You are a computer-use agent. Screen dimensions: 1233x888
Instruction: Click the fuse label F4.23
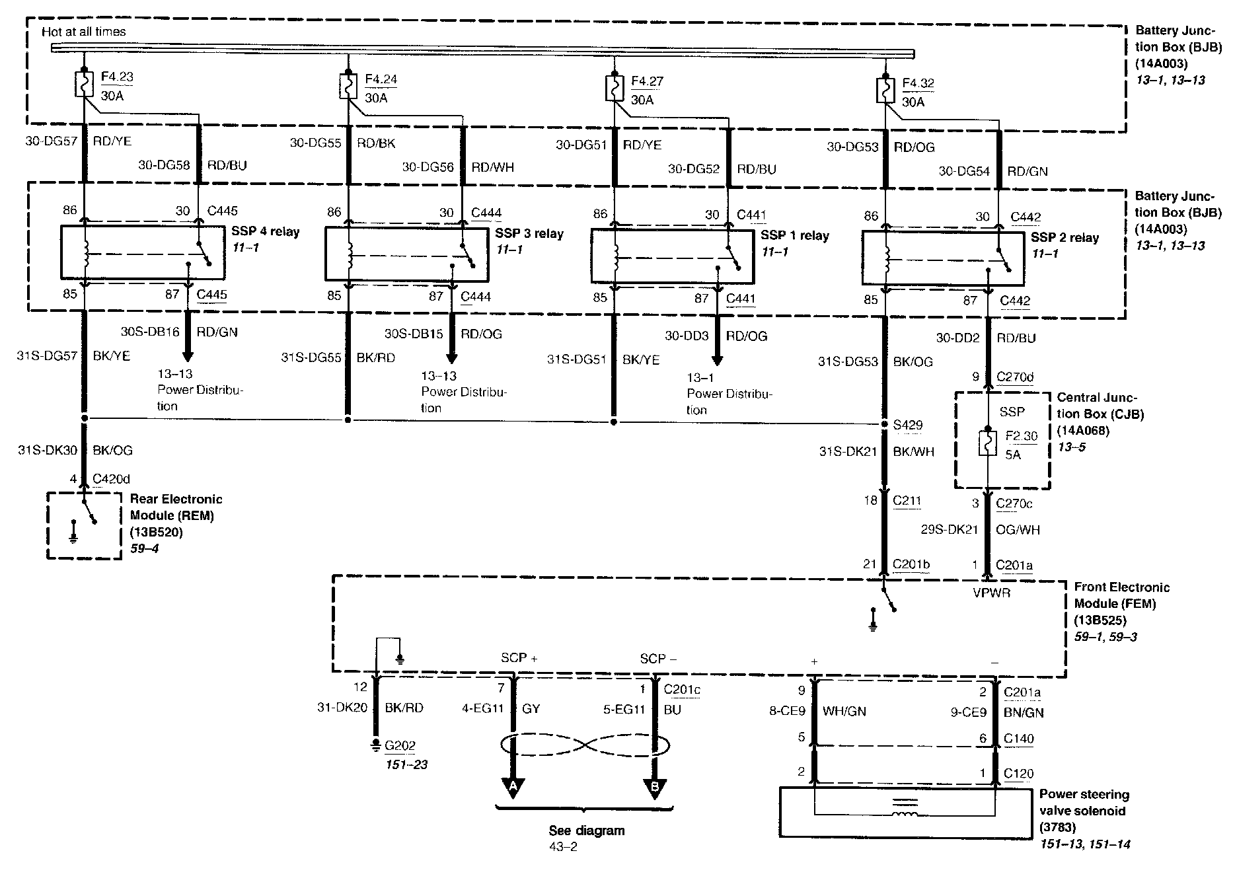[117, 77]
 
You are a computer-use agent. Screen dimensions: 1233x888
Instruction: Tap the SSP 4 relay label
[266, 232]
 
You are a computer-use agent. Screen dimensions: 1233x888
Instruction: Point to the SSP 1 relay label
[795, 236]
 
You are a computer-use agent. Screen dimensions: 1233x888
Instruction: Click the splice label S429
[908, 425]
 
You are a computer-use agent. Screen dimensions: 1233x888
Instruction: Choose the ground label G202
[400, 746]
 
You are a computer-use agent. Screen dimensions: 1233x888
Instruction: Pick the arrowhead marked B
[654, 787]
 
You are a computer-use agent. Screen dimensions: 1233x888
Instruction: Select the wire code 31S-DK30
[47, 451]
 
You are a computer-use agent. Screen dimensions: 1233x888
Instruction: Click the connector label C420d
[112, 478]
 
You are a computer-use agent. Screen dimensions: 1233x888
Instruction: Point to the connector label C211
[907, 501]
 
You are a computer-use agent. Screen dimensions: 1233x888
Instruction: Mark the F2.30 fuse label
[1022, 436]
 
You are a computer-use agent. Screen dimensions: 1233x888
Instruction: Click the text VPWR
[991, 593]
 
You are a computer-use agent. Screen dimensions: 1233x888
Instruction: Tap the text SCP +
[519, 658]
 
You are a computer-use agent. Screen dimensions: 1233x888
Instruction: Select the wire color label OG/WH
[1018, 530]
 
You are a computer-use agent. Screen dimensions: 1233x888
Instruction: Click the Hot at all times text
[83, 31]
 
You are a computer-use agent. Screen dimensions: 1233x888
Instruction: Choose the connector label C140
[1019, 739]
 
